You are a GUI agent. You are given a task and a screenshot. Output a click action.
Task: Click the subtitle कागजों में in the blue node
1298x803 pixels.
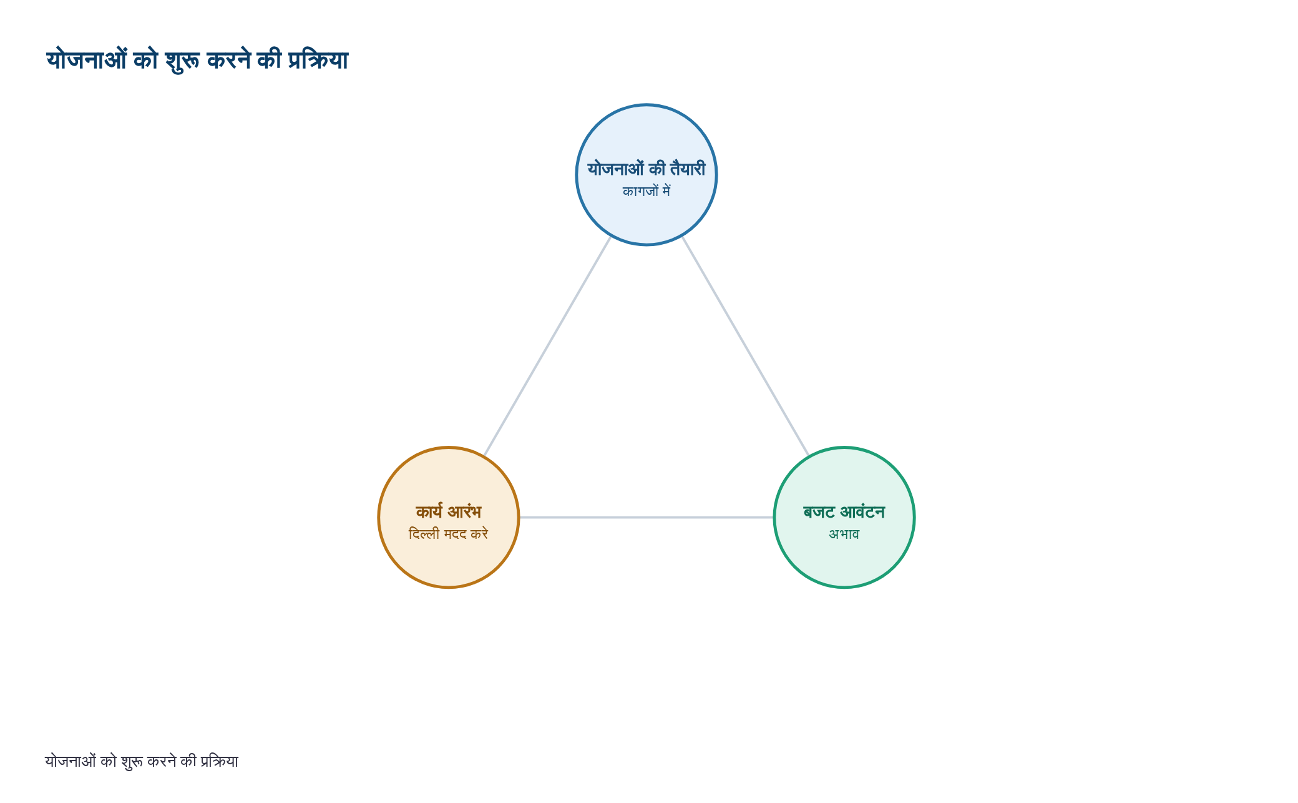click(x=647, y=191)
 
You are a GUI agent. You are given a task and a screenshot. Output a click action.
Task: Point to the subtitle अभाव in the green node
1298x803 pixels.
click(x=844, y=534)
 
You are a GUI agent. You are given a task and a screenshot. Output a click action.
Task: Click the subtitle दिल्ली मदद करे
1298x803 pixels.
click(x=449, y=534)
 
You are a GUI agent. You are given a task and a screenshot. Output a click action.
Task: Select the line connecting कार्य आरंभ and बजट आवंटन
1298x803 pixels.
click(x=647, y=517)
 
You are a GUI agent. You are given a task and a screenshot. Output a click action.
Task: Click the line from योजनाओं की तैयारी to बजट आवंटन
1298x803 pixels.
click(x=746, y=346)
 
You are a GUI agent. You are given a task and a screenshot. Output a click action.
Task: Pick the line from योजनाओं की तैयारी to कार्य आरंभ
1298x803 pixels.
click(x=547, y=346)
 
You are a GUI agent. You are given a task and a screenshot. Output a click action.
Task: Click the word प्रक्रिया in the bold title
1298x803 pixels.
click(x=318, y=61)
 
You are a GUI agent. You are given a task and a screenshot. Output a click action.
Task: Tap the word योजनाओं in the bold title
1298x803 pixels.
click(x=87, y=60)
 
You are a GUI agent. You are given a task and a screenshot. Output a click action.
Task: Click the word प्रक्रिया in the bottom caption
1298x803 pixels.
click(x=219, y=761)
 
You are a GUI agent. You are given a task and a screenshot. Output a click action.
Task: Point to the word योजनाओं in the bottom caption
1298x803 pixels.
click(x=71, y=761)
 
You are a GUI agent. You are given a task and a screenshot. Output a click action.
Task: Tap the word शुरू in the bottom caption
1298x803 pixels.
click(x=132, y=762)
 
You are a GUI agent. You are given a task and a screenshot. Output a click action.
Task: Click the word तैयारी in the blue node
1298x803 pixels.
click(x=688, y=169)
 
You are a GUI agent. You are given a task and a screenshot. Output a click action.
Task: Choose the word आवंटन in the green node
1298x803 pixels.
click(x=862, y=512)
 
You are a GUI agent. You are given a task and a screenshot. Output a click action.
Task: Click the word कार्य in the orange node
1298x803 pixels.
click(x=429, y=511)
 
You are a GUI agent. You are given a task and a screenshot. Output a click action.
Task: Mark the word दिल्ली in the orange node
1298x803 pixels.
click(x=424, y=534)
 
